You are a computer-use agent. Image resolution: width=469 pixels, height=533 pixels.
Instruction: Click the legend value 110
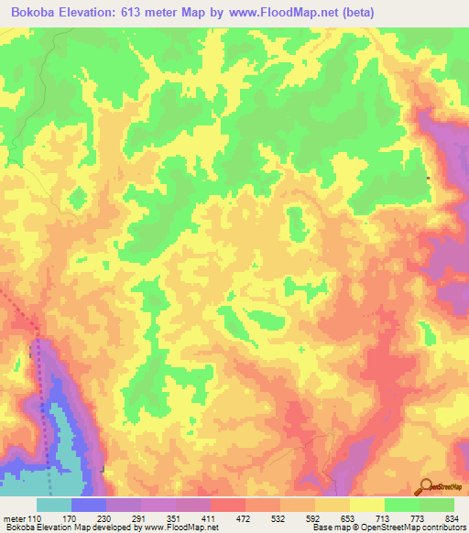34,518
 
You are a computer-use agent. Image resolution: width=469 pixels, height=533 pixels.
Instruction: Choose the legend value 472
244,518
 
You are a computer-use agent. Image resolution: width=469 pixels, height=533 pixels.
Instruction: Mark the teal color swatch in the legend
54,505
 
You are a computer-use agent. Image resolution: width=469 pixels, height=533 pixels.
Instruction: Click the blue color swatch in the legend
89,505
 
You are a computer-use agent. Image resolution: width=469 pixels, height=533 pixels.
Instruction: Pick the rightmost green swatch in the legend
437,505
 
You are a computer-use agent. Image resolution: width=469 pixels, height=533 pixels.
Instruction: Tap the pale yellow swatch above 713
367,505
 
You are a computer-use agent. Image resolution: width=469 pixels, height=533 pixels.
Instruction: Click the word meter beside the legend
13,518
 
